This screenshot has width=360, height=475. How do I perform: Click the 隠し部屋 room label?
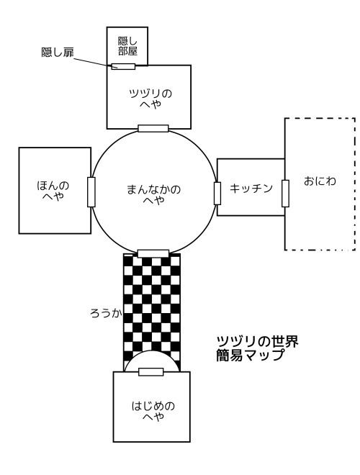point(127,46)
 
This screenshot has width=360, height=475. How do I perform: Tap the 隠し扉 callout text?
point(58,53)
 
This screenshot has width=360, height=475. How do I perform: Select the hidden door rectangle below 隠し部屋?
point(123,66)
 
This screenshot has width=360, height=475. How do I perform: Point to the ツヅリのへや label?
point(150,99)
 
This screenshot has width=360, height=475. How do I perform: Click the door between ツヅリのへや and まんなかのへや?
point(153,128)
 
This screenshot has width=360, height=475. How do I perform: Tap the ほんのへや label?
point(53,191)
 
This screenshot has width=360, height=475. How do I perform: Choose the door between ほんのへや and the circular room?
point(91,192)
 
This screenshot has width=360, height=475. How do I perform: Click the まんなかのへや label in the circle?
point(153,194)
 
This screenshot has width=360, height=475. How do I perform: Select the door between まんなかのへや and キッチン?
point(217,194)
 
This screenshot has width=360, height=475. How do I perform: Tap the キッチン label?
point(251,189)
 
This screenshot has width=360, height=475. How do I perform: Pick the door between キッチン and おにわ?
point(285,194)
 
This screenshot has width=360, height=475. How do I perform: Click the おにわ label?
point(320,181)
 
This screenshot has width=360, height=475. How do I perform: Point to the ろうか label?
point(106,313)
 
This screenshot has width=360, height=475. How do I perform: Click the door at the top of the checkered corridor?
point(153,253)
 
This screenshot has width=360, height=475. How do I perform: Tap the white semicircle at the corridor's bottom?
point(152,361)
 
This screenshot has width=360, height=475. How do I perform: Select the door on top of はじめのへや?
point(151,372)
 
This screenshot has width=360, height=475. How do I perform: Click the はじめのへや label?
point(153,411)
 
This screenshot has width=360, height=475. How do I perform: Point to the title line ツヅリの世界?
point(258,341)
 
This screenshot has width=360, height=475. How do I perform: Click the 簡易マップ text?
point(251,355)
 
